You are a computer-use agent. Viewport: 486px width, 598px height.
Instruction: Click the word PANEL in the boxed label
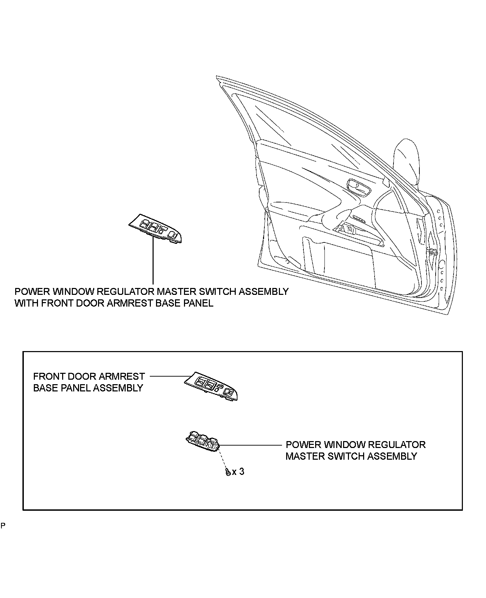pos(75,388)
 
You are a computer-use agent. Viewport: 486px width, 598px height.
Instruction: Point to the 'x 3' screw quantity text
pos(238,471)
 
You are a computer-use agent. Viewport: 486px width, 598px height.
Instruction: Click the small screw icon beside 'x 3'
pos(228,472)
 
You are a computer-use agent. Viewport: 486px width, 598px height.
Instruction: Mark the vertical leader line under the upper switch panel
pos(153,262)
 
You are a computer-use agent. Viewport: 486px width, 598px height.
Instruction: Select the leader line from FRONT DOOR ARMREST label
pos(169,376)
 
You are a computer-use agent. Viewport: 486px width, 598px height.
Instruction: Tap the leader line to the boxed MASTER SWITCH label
pos(250,445)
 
